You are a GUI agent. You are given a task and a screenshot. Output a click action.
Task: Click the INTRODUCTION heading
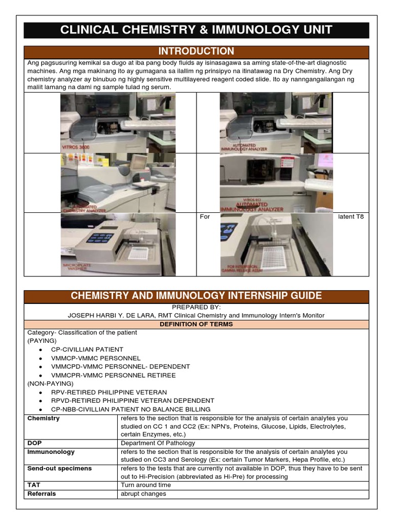click(196, 52)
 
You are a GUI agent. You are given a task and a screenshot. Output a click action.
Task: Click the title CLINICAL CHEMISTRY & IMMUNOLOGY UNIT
click(196, 30)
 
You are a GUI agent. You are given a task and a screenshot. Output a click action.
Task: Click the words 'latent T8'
click(351, 217)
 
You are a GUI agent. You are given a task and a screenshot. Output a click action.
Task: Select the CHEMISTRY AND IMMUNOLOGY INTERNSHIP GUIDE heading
click(196, 296)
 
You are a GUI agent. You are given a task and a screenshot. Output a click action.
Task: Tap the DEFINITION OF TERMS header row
click(196, 324)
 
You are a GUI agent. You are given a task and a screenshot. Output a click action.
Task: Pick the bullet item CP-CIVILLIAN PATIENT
click(87, 350)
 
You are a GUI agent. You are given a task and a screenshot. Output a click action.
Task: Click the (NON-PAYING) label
click(50, 383)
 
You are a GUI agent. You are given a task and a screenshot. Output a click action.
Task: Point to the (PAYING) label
click(42, 341)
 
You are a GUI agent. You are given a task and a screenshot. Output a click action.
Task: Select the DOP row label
click(34, 443)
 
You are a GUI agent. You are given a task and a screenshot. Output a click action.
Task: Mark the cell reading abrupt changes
click(143, 494)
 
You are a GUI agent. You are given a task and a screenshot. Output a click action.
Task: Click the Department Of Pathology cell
click(158, 443)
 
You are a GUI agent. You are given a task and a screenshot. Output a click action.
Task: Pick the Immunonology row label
click(51, 452)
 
